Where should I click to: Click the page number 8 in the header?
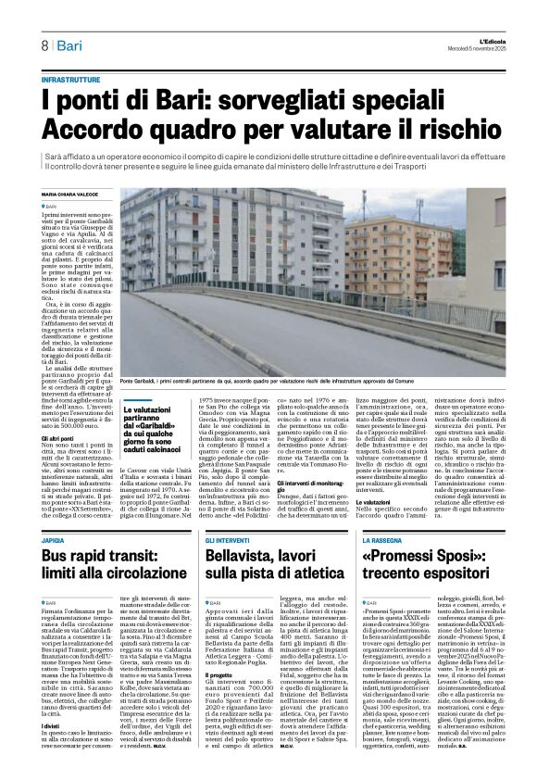point(44,45)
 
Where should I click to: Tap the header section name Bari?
point(75,45)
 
